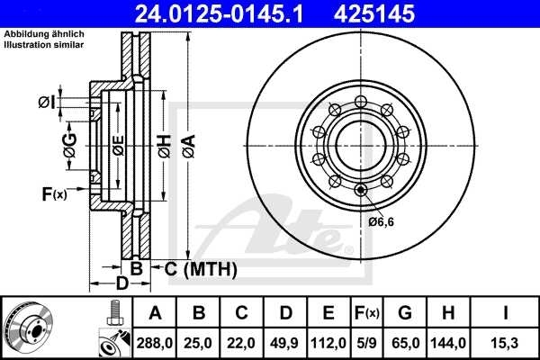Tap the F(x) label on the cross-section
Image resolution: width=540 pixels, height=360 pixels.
click(x=53, y=193)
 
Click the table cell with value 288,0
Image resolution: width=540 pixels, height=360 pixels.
click(x=156, y=341)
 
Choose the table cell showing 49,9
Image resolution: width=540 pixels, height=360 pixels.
click(x=285, y=341)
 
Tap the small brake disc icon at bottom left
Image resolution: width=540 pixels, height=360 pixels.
click(x=30, y=328)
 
